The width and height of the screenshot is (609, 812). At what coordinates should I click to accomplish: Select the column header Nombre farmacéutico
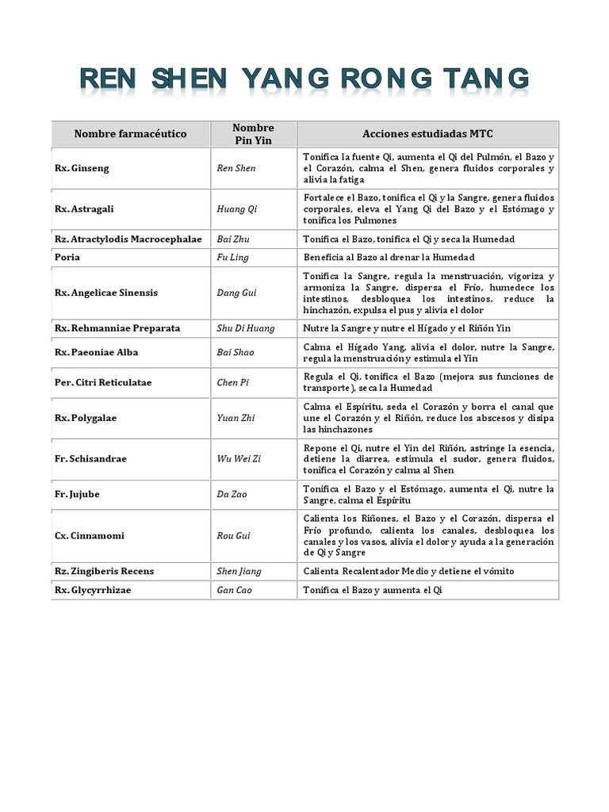pyautogui.click(x=131, y=134)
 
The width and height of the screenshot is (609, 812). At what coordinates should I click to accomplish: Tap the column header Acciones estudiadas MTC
pyautogui.click(x=427, y=134)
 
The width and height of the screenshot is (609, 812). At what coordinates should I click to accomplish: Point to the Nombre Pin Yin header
pyautogui.click(x=254, y=134)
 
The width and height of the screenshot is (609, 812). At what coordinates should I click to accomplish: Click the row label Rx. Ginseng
pyautogui.click(x=82, y=168)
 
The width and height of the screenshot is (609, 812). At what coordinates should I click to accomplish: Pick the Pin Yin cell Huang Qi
pyautogui.click(x=237, y=209)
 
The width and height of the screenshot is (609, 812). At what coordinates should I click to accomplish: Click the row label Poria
pyautogui.click(x=67, y=257)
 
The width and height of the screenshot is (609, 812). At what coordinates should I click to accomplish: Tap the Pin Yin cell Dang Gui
pyautogui.click(x=236, y=293)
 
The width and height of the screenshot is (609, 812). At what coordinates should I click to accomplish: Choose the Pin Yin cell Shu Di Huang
pyautogui.click(x=247, y=327)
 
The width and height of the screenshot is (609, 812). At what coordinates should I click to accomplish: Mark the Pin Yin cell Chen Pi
pyautogui.click(x=233, y=382)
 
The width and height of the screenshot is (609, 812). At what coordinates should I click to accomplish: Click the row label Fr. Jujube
pyautogui.click(x=78, y=494)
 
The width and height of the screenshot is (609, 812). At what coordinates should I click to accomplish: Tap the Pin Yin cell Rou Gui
pyautogui.click(x=233, y=535)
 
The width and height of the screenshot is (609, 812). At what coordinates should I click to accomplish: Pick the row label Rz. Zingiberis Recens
pyautogui.click(x=104, y=571)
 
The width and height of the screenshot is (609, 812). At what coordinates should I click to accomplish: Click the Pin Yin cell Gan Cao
pyautogui.click(x=234, y=590)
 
